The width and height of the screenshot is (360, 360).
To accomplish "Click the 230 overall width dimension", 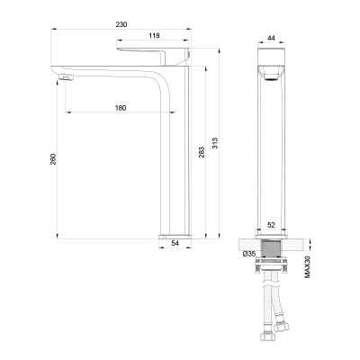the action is pos(121,24).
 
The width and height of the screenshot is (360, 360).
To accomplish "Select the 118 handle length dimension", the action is pos(154,36).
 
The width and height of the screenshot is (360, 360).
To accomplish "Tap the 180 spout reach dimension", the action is pos(121,108).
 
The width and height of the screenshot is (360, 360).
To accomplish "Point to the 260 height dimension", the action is pos(53,159).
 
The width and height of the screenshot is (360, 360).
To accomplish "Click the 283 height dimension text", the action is pos(202,152).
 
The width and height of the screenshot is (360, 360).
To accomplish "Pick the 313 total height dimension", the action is pos(215,143).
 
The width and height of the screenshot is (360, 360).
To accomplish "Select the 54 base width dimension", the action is pos(175,243).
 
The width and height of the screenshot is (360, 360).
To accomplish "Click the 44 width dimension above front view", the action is pos(271,38).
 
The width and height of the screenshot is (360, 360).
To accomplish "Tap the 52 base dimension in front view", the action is pos(271,225).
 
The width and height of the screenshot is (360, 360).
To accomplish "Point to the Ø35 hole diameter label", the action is pos(249,254).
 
